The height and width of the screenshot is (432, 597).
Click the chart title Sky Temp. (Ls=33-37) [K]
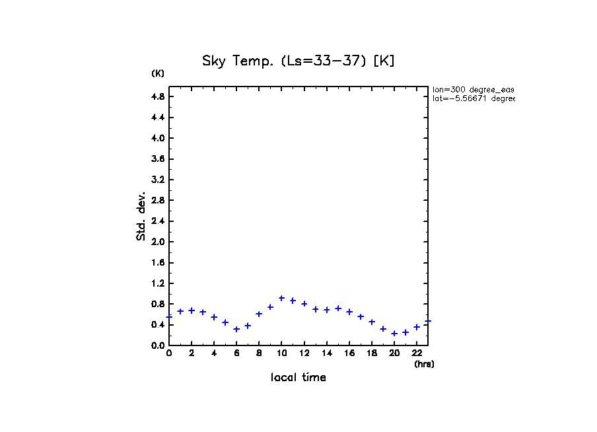(x=298, y=61)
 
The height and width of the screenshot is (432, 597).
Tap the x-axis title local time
(x=298, y=378)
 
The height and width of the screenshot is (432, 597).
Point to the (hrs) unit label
(x=424, y=364)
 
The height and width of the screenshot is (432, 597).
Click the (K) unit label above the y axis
(x=158, y=73)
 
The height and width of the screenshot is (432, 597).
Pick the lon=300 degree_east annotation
(x=473, y=89)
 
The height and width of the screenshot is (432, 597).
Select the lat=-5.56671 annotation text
(x=473, y=98)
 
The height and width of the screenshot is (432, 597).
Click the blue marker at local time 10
(x=281, y=298)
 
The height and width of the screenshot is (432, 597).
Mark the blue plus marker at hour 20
(x=394, y=334)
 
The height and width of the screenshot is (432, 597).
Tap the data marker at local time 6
(x=236, y=329)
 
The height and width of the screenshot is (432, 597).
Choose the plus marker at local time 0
(x=169, y=317)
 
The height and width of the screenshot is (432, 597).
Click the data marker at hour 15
(x=338, y=308)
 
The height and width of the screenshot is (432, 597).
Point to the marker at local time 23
(x=428, y=321)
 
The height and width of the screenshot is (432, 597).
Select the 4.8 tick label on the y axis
(x=158, y=96)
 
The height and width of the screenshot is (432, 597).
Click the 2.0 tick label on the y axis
(x=158, y=242)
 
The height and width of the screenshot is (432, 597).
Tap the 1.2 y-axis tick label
(x=158, y=283)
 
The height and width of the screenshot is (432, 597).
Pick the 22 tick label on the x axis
(x=417, y=353)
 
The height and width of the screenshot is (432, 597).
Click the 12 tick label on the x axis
(x=304, y=353)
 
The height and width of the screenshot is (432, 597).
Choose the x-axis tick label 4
(x=214, y=353)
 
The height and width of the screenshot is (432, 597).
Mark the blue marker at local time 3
(x=203, y=312)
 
